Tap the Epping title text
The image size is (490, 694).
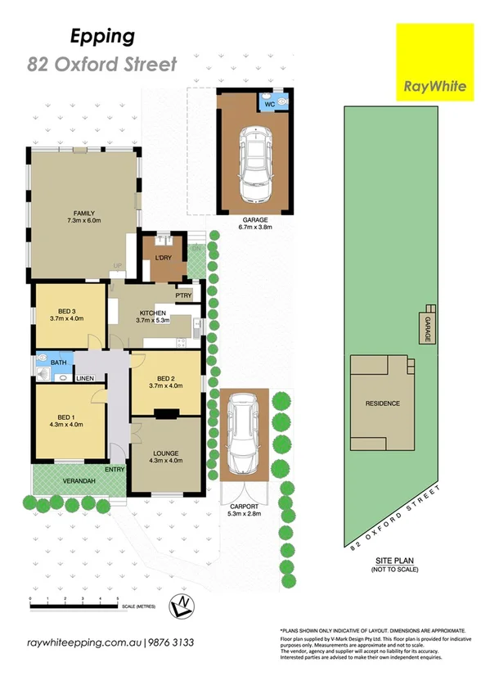tap(102, 37)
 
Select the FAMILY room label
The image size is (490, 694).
tap(81, 211)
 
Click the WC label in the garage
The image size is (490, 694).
tap(269, 105)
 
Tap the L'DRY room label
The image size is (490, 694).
tap(162, 259)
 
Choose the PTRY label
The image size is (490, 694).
tap(183, 295)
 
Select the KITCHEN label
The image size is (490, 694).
tap(153, 313)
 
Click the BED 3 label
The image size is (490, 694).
tap(68, 311)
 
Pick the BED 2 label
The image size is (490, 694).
tap(166, 378)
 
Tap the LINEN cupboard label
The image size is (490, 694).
tap(85, 379)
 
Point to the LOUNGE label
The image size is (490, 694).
tap(165, 453)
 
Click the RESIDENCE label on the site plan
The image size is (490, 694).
tap(382, 403)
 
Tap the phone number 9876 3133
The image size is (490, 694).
tap(171, 643)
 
